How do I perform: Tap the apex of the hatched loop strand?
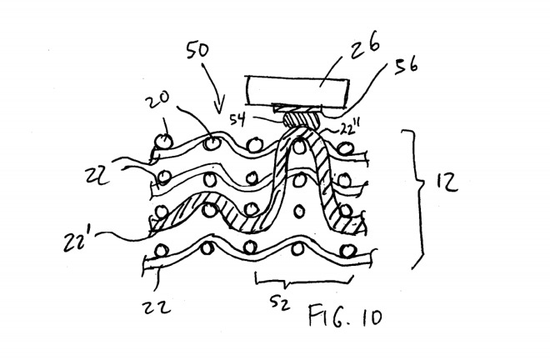(301, 140)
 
